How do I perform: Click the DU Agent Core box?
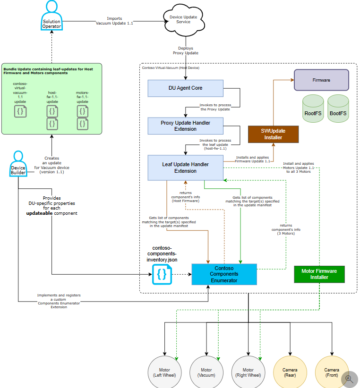pos(185,88)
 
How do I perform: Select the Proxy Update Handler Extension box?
pos(185,126)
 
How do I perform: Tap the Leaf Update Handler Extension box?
pos(185,168)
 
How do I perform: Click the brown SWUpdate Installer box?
pos(273,134)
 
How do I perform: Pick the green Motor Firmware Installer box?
pos(319,274)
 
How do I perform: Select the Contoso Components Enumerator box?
pos(224,274)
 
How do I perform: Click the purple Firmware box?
pos(321,80)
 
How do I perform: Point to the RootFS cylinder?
pos(313,110)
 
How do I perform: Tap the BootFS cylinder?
pos(338,110)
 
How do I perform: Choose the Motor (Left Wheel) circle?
pos(164,372)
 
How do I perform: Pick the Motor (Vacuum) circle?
pos(206,372)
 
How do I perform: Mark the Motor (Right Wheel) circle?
pos(248,372)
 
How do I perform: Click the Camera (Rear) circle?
pos(290,372)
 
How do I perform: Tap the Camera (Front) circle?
pos(331,372)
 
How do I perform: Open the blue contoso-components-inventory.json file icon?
pos(162,274)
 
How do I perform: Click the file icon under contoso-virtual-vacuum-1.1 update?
pos(20,111)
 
